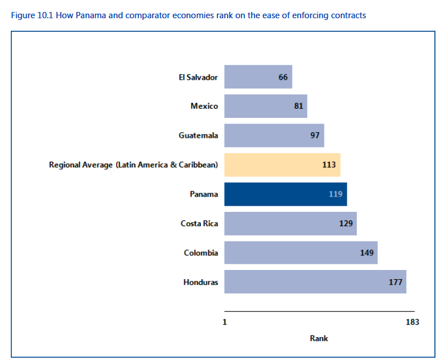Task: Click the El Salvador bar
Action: [258, 77]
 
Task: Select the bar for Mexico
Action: [265, 106]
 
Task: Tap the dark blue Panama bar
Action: [285, 194]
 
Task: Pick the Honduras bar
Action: [315, 282]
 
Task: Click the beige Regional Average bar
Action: [282, 165]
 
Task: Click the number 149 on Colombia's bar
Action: [367, 253]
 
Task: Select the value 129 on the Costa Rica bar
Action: [346, 223]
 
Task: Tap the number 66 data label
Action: [283, 77]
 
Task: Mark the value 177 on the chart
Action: [396, 282]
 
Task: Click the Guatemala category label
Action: [198, 136]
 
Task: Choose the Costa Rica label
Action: [199, 223]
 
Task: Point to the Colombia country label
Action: [200, 253]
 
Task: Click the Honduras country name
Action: [200, 282]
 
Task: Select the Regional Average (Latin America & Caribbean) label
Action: [133, 165]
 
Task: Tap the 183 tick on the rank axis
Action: [412, 322]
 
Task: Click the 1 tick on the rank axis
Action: [225, 322]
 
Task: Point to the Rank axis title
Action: [319, 338]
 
